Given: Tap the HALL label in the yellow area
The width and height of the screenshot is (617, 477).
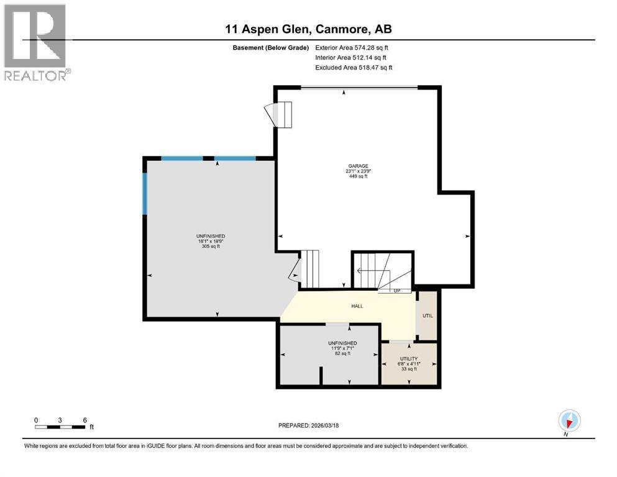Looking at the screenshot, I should tap(357, 306).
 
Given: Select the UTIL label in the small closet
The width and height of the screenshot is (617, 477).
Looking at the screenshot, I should tap(427, 316).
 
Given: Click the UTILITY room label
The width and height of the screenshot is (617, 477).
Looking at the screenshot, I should tap(409, 359).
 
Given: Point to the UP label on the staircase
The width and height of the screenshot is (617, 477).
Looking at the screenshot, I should tap(396, 290).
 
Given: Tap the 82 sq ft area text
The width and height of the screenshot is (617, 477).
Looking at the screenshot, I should tap(342, 353).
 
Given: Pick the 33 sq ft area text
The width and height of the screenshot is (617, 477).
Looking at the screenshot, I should tap(409, 369).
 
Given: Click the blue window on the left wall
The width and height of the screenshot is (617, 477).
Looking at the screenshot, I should tap(145, 194).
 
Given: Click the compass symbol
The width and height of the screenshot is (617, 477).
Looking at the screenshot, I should tap(569, 420).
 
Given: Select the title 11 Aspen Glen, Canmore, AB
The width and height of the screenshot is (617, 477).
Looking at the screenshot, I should tap(308, 29).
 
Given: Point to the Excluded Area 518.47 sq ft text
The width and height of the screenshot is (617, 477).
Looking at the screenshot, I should tap(354, 67).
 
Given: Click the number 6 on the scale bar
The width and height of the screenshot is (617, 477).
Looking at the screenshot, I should tap(84, 420).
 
